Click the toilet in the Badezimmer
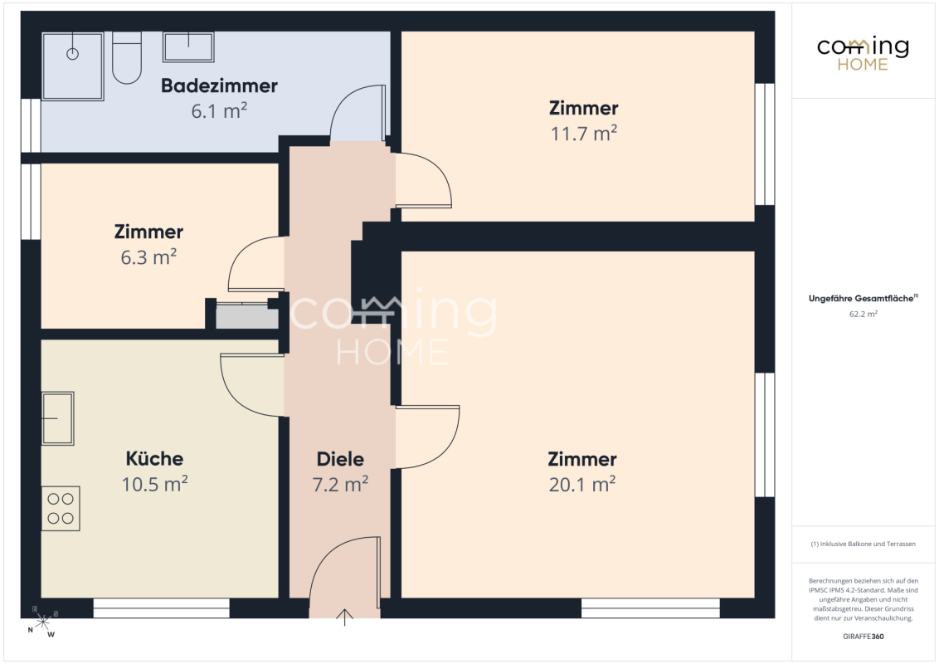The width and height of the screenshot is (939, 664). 126,57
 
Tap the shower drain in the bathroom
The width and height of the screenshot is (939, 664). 72,55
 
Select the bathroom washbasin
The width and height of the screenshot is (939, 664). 188,46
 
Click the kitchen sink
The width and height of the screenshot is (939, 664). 57,418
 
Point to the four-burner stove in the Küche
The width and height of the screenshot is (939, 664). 61,508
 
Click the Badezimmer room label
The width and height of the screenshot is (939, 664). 219,85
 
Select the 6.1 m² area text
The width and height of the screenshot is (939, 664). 219,111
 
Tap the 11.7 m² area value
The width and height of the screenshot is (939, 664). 584,133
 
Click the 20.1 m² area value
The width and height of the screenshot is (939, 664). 582,484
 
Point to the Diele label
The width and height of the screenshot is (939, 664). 340,459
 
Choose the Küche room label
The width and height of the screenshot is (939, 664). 154,458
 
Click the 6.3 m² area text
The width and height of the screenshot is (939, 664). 148,257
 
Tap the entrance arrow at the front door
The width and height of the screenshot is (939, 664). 344,618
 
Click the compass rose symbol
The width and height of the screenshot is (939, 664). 42,622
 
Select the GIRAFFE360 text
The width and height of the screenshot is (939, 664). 863,637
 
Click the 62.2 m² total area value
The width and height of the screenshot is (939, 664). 863,314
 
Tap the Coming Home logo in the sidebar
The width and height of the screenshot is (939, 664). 863,53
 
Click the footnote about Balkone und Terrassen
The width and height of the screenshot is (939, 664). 863,544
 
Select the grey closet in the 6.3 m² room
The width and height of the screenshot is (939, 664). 246,316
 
